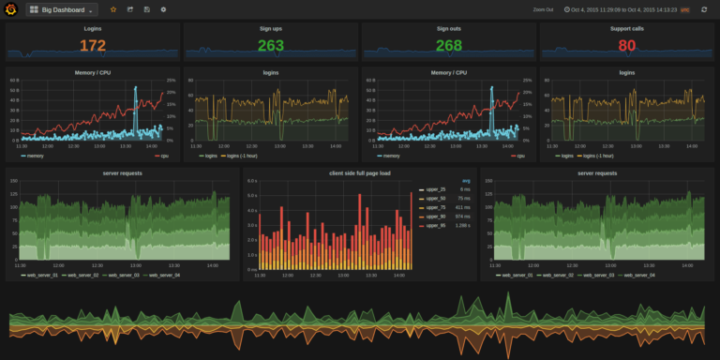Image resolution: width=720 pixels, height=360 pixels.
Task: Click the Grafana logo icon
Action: coord(10,9)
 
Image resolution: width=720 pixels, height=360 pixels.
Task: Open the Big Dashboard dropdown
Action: coord(61,9)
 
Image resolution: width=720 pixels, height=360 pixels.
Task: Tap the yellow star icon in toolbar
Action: coord(114,9)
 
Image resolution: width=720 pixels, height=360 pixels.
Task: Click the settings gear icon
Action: coord(163,9)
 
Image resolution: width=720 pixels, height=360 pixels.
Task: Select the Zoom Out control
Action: coord(543,9)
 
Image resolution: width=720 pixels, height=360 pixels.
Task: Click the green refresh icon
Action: coord(703,9)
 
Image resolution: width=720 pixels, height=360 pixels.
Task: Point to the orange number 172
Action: coord(93,45)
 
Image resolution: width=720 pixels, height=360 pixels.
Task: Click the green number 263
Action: coord(270,45)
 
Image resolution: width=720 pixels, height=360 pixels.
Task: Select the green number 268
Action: coord(448,45)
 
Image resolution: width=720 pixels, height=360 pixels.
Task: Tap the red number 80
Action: coord(626,45)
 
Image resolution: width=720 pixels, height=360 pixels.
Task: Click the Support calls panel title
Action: coord(626,29)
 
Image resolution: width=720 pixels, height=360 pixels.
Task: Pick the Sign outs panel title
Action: coord(448,29)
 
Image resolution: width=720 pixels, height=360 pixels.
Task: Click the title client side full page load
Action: coord(359,173)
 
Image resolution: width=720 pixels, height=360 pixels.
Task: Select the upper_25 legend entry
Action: coord(433,189)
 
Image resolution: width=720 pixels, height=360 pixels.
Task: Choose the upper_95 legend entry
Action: coord(433,226)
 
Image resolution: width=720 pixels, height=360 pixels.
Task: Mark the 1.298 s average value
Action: coord(463,226)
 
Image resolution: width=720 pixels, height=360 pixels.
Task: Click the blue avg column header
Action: coord(466,180)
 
